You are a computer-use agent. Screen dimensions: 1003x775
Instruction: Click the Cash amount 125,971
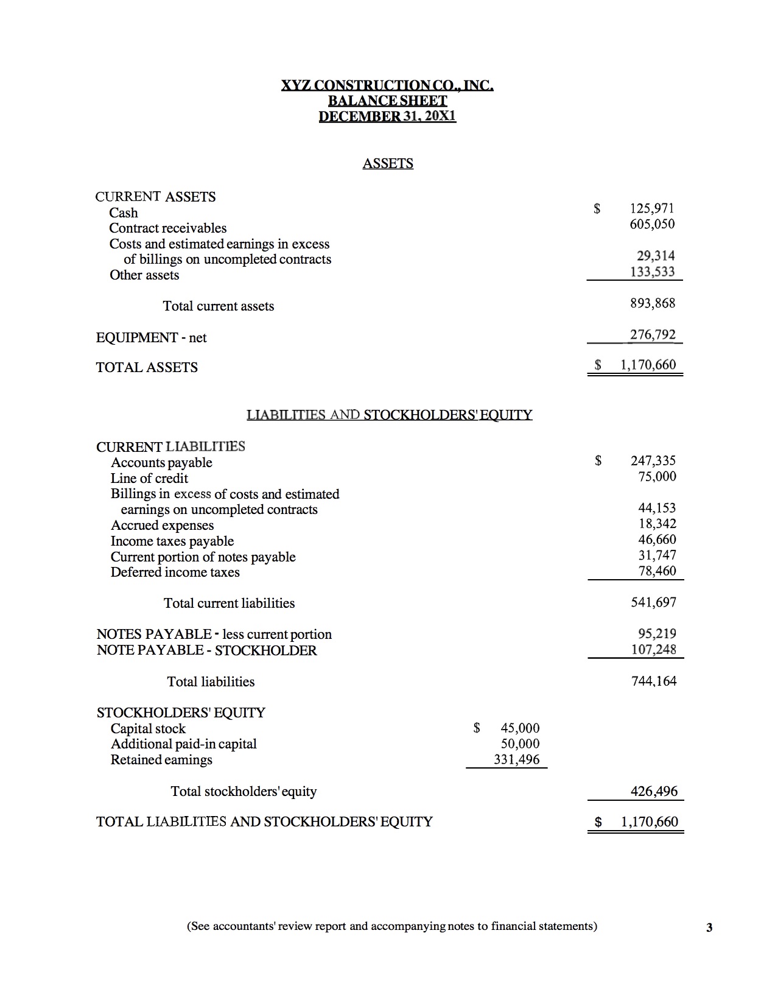pos(652,208)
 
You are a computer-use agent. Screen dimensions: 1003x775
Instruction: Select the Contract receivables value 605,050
pos(652,224)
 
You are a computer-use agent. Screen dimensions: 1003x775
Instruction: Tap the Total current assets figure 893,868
pos(653,303)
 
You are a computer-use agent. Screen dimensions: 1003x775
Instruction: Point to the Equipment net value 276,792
pos(653,334)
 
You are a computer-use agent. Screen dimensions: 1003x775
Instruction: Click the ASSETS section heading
pos(388,163)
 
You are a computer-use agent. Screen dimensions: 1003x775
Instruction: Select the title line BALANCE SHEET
pos(388,100)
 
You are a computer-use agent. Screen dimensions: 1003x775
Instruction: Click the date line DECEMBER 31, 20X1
pos(388,116)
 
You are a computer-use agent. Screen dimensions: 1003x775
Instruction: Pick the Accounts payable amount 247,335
pos(653,460)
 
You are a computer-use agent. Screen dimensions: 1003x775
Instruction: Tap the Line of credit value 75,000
pos(657,476)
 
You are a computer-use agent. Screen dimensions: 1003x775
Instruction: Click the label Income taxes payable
pos(172,541)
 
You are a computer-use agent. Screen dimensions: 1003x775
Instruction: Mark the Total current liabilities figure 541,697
pos(653,602)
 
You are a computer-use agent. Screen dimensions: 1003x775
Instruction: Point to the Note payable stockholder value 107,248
pos(653,649)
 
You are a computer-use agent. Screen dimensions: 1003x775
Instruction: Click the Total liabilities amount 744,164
pos(654,681)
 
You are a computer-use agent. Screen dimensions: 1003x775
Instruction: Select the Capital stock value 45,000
pos(520,728)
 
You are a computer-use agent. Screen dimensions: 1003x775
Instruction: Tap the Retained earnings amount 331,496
pos(517,759)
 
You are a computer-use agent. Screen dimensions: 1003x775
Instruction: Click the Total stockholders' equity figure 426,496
pos(654,791)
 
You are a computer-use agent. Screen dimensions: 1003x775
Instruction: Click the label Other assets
pos(144,275)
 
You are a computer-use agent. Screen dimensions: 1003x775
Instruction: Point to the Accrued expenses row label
pos(163,525)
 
